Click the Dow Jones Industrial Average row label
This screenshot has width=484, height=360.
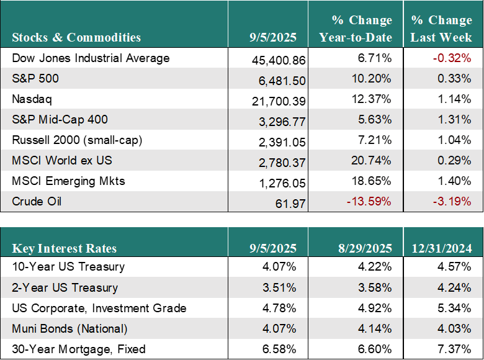click(x=91, y=58)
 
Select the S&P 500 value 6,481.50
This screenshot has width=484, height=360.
click(x=282, y=81)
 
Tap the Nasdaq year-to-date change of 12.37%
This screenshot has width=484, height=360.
click(x=371, y=99)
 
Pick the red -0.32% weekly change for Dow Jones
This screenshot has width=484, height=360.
click(x=452, y=58)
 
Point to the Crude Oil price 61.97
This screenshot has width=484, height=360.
click(x=290, y=204)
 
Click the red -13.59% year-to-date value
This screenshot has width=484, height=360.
click(x=369, y=201)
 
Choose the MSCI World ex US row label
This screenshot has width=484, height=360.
click(x=61, y=161)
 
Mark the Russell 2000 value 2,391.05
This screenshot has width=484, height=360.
click(x=282, y=142)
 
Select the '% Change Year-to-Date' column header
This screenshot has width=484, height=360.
click(x=356, y=29)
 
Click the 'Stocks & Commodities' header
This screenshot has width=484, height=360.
click(x=76, y=37)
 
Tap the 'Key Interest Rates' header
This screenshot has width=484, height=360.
click(x=64, y=248)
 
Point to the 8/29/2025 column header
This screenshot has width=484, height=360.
click(x=365, y=248)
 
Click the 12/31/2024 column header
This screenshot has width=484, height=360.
click(x=442, y=248)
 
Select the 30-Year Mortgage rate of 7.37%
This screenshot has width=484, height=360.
click(x=454, y=349)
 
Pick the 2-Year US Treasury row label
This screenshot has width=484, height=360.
click(x=65, y=288)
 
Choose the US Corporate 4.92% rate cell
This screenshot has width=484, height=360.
click(x=374, y=308)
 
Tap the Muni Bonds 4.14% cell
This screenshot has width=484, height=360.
click(x=374, y=328)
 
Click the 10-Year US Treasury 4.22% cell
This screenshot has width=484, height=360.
click(x=374, y=266)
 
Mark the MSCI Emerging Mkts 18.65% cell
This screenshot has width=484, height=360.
click(x=371, y=181)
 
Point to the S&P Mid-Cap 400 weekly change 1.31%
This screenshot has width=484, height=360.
click(x=454, y=120)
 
